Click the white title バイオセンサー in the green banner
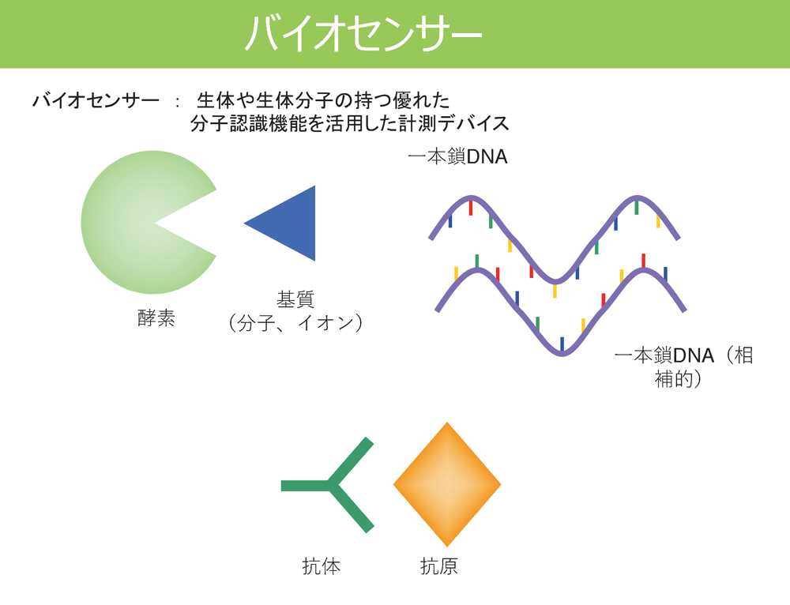pos(363,34)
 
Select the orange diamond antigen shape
pos(447,484)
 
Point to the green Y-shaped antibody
pos(330,485)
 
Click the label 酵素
pos(156,318)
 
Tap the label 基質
pos(295,299)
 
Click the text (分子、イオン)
pos(295,322)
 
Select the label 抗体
pos(322,566)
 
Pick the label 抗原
pos(438,566)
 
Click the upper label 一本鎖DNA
pos(457,156)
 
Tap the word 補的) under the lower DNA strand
pos(678,379)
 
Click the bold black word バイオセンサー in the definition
pos(96,101)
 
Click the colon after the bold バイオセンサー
pos(177,102)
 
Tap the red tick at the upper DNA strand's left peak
pos(471,208)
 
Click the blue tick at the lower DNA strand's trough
pos(562,344)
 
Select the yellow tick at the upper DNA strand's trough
pos(555,291)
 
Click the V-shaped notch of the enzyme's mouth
pos(155,222)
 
